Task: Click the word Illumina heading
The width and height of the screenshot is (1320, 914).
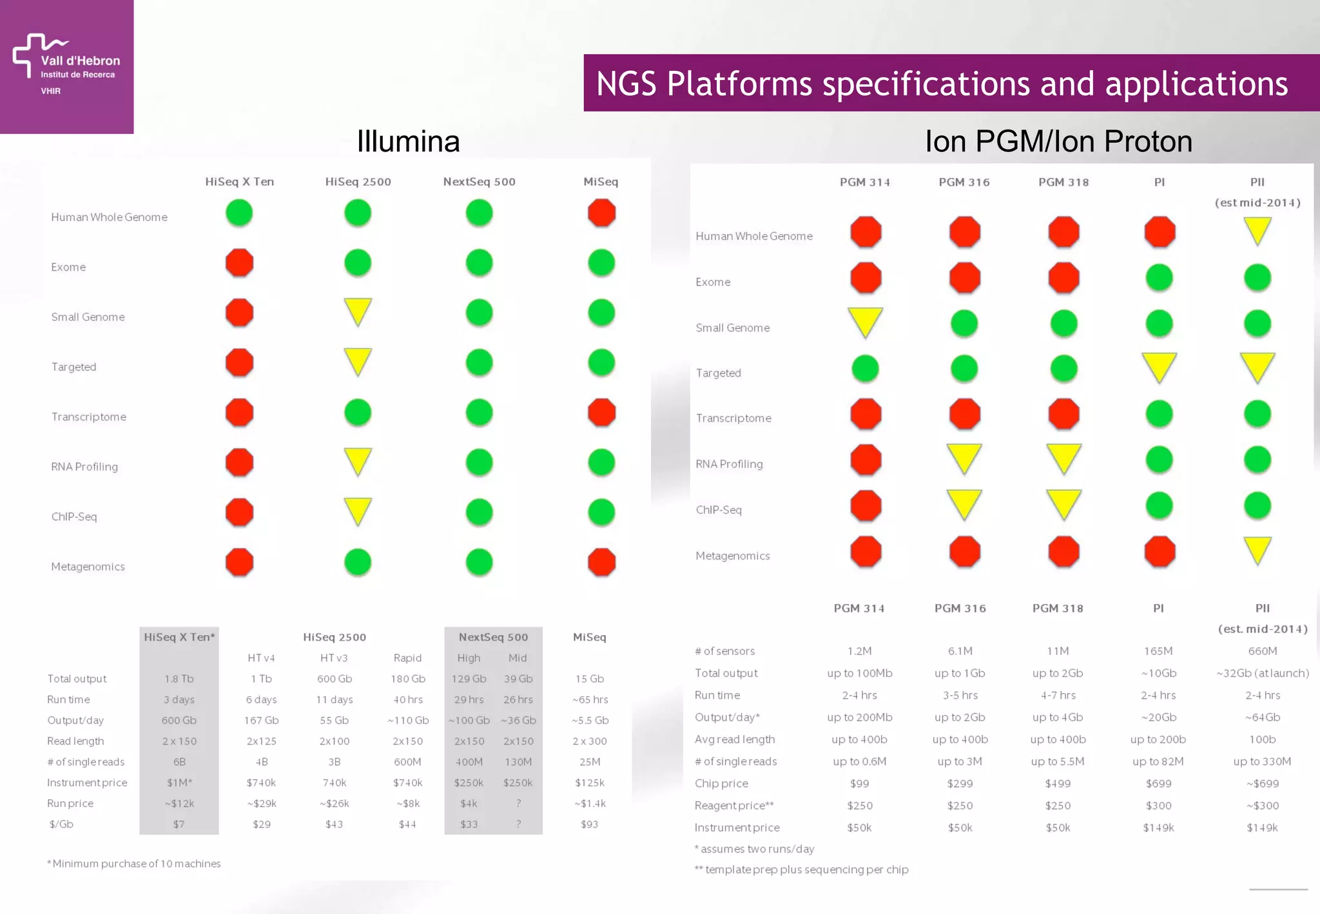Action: (408, 141)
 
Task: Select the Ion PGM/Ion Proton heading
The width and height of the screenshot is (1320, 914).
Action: (1058, 141)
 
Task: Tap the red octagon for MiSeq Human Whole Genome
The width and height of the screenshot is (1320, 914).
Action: (601, 213)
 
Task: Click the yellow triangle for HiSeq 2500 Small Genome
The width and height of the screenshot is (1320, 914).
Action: (358, 311)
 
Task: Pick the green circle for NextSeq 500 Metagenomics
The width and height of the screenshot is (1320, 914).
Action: (479, 562)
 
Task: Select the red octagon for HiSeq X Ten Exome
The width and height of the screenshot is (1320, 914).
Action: (239, 263)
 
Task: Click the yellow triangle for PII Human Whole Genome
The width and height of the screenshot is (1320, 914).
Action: (1257, 229)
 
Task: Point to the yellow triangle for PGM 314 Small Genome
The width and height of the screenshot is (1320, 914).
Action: (865, 321)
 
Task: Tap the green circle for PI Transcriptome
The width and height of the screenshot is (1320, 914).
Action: (1159, 414)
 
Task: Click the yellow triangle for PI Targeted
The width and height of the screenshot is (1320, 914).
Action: (1159, 366)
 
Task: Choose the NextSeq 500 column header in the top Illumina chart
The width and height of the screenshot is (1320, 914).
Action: (479, 182)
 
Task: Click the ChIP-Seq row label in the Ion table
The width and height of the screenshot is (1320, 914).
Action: (719, 510)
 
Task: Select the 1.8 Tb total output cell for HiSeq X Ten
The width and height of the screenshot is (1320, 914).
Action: (179, 679)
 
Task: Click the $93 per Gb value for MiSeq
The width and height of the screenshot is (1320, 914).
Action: (589, 824)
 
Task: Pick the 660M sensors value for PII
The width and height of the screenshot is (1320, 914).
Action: (1262, 651)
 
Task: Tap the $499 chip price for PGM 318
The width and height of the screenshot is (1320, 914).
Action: (1058, 784)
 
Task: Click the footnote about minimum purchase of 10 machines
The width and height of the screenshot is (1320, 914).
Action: (134, 864)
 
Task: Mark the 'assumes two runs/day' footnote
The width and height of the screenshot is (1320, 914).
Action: (754, 849)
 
